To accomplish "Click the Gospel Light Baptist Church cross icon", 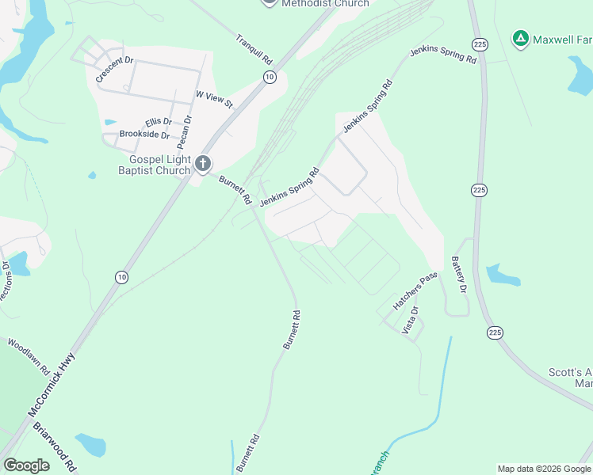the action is click(203, 163).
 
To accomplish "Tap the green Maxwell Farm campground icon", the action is click(520, 37).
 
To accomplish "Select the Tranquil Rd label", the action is click(254, 49).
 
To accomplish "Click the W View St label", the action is click(214, 99).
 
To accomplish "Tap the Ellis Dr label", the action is click(158, 121).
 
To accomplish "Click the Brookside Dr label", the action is click(144, 135).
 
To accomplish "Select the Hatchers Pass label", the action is click(415, 291).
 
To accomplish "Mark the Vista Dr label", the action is click(409, 321).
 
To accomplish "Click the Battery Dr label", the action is click(458, 274).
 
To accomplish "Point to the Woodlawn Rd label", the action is click(29, 357).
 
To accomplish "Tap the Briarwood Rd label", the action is click(54, 446).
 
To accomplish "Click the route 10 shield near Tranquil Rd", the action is click(270, 76).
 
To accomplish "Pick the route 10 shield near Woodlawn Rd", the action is click(121, 276).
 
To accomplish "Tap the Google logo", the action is click(26, 465).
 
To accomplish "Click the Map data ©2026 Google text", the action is click(544, 469).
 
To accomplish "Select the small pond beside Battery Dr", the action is click(503, 275).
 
